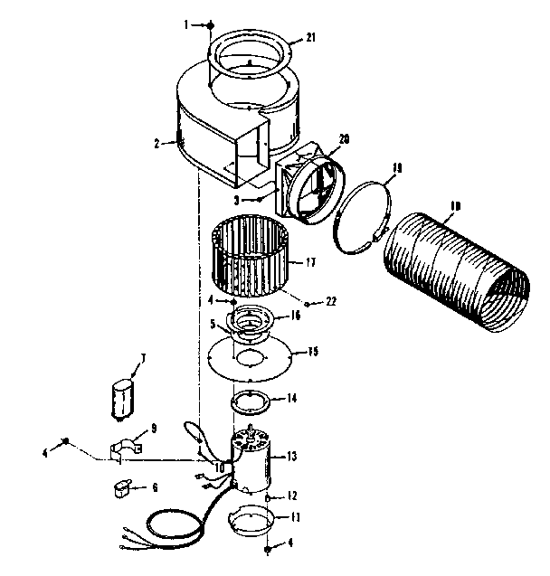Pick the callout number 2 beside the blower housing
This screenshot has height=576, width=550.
point(157,142)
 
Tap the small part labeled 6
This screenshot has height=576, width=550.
point(119,489)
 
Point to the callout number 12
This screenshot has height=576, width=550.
point(291,496)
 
